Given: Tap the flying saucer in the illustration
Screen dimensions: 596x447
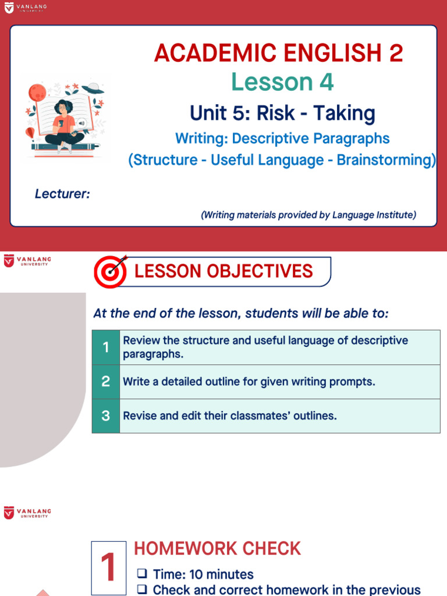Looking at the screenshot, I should pyautogui.click(x=93, y=88).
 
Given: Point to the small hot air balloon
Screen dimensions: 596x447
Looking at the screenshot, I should pyautogui.click(x=30, y=133).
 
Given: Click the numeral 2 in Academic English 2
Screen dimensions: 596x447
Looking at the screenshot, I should pyautogui.click(x=396, y=54).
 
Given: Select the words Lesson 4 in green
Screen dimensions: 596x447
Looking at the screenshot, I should pyautogui.click(x=282, y=82).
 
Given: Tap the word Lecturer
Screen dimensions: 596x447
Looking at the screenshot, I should pyautogui.click(x=62, y=194).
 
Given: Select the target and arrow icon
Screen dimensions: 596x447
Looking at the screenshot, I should pyautogui.click(x=111, y=271).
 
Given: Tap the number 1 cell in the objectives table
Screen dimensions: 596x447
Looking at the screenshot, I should pyautogui.click(x=105, y=347).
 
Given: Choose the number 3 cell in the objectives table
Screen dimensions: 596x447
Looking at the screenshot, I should pyautogui.click(x=105, y=416).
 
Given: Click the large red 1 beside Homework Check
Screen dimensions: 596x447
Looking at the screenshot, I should pyautogui.click(x=108, y=569).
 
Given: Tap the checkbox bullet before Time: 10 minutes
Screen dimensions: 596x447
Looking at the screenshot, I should pyautogui.click(x=141, y=574).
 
